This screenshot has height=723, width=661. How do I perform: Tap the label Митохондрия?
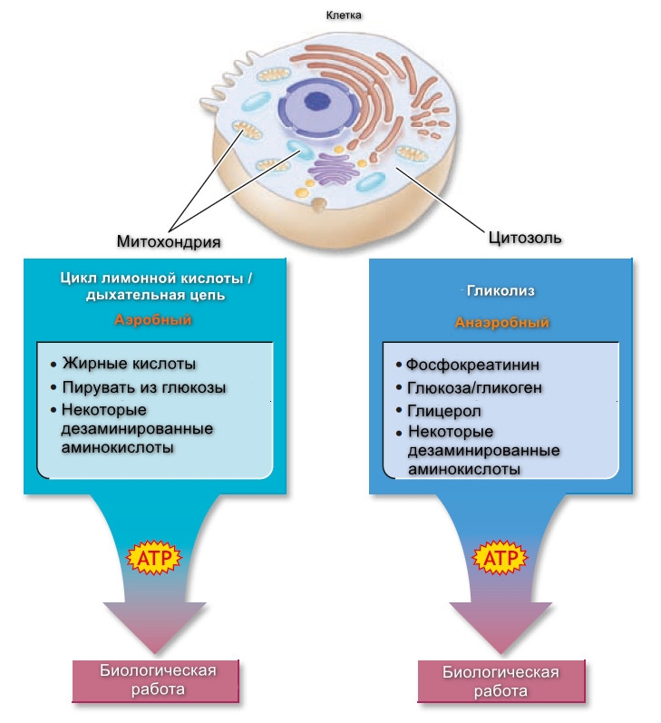pos(169,241)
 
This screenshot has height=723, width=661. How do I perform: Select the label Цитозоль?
pos(526,239)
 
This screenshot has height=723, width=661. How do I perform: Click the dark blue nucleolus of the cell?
pos(317,105)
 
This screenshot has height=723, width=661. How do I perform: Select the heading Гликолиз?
pos(501,291)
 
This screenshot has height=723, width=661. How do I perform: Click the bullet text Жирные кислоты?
pos(129,364)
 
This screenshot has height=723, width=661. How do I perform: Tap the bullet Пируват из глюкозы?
pos(144,387)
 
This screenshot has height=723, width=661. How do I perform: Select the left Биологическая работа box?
pos(156,680)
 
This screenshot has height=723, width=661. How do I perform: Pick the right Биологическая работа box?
pos(501,682)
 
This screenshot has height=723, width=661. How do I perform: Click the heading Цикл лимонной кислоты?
pos(154,278)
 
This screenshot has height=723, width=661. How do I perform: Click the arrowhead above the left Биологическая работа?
pos(155,626)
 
